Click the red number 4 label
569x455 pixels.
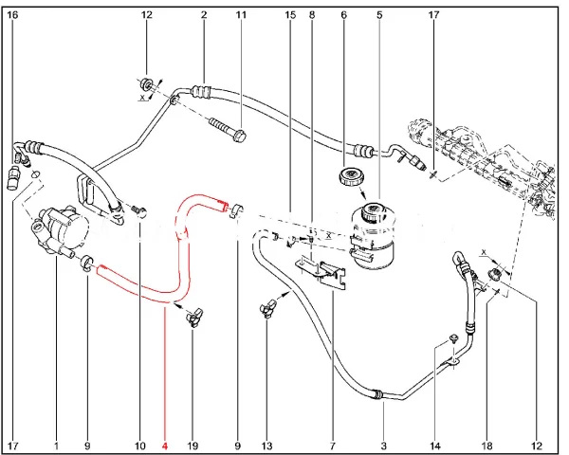(165, 445)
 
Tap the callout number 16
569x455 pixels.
(12, 15)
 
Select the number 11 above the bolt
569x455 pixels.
(241, 15)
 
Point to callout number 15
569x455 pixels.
(290, 15)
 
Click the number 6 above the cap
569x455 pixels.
(343, 15)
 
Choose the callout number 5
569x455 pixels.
(378, 15)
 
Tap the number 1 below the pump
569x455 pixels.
(56, 445)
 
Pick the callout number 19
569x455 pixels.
(192, 445)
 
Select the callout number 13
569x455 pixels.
(267, 445)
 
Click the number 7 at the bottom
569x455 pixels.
(333, 445)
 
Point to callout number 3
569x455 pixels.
(383, 445)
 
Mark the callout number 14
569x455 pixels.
(436, 445)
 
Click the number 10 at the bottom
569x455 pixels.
(140, 445)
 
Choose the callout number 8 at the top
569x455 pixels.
(311, 15)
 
